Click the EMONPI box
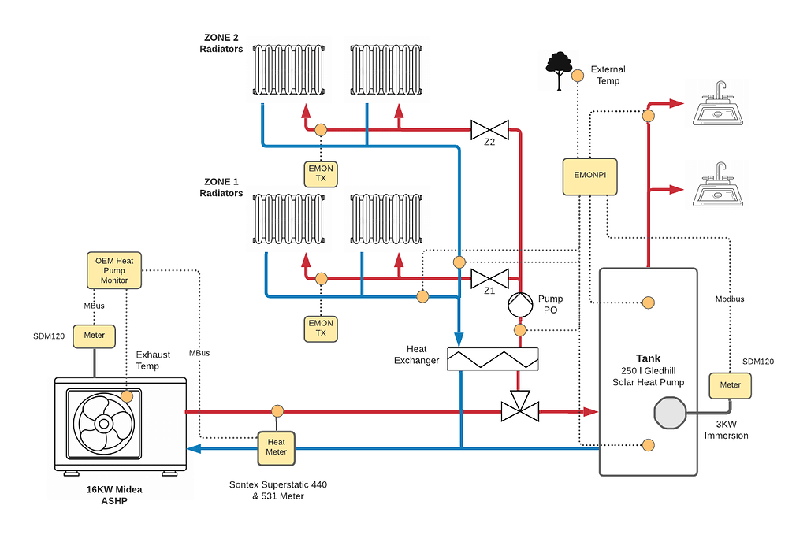[x=589, y=176]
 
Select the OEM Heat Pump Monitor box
[x=113, y=270]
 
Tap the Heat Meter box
[x=276, y=447]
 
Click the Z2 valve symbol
[x=489, y=129]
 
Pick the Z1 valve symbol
[x=489, y=278]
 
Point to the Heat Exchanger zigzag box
[x=492, y=359]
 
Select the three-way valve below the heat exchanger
[x=520, y=408]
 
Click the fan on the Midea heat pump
[x=104, y=423]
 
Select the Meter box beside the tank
[x=730, y=385]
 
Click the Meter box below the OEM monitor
[x=94, y=335]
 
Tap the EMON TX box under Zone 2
[x=321, y=173]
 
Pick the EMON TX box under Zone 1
[x=321, y=328]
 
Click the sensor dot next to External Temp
[x=577, y=74]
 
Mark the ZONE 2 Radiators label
[x=220, y=43]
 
